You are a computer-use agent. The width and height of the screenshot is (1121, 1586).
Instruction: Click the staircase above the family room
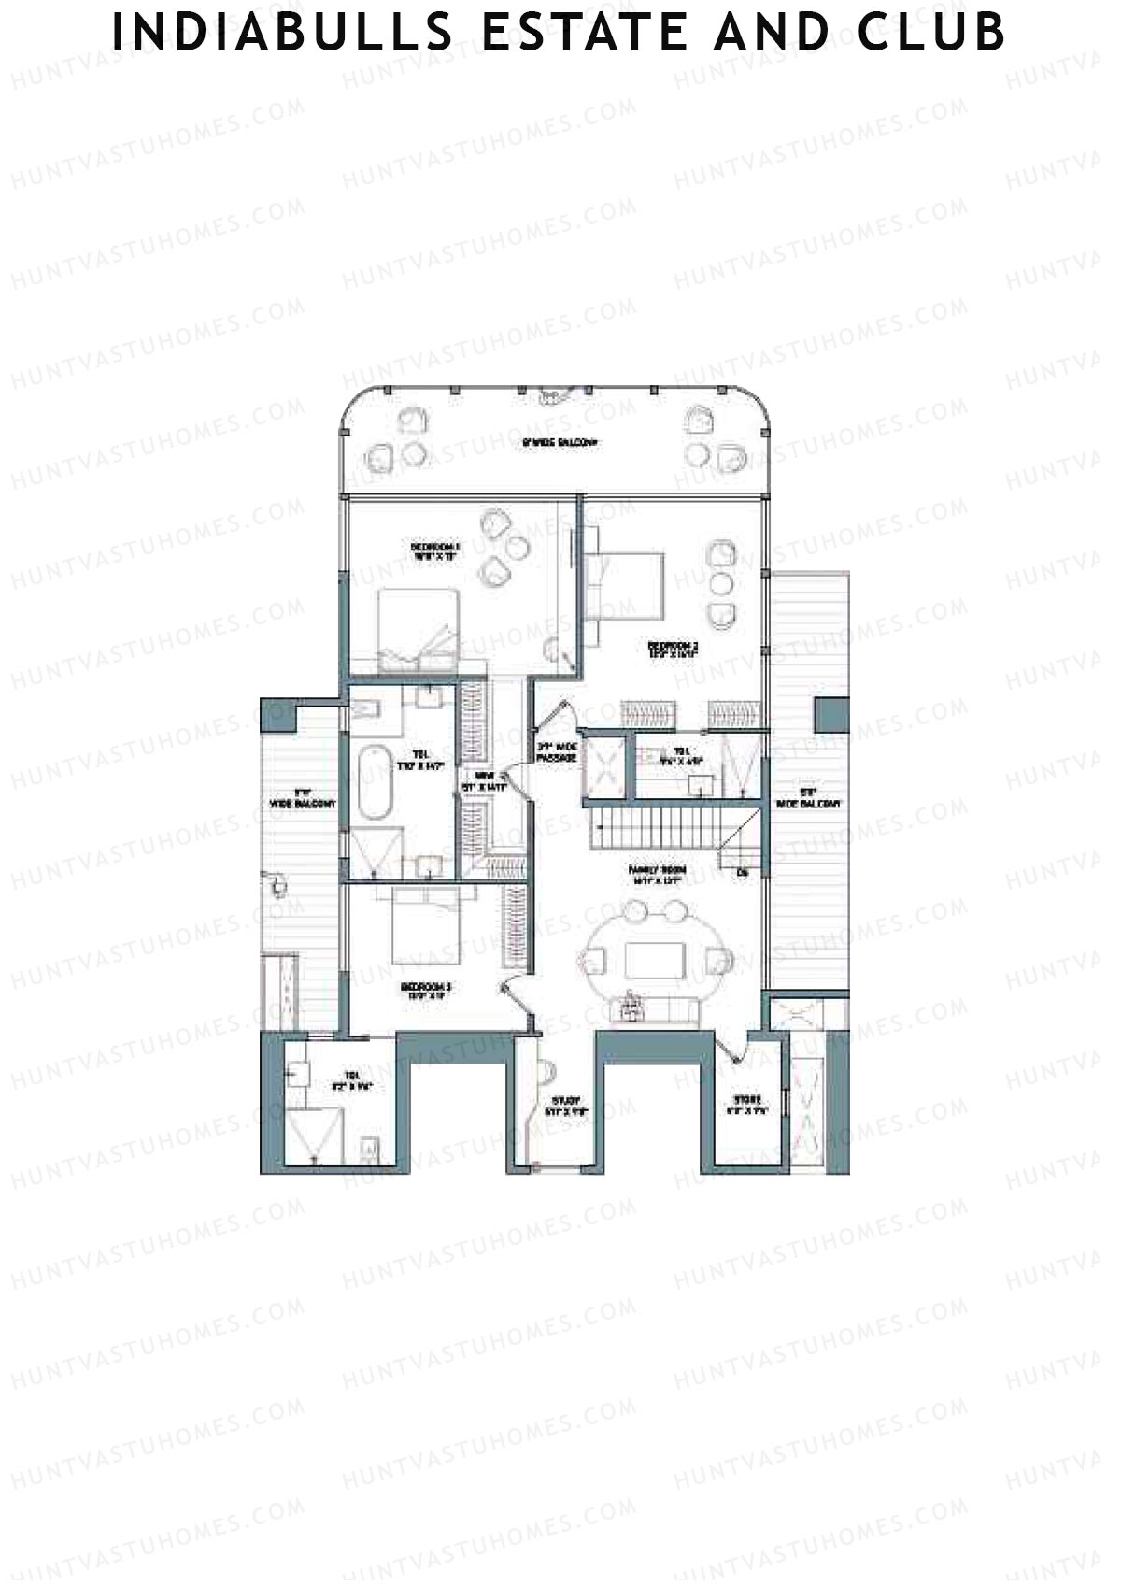pos(654,829)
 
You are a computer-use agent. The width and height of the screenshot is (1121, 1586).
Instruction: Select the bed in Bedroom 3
pos(426,925)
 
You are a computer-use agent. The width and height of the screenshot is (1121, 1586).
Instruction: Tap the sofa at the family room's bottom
pos(651,1009)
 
